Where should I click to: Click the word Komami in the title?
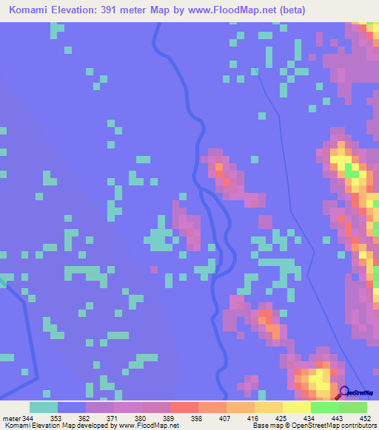(x=33, y=10)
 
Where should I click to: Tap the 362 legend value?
(x=86, y=417)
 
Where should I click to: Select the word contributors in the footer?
(x=358, y=426)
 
